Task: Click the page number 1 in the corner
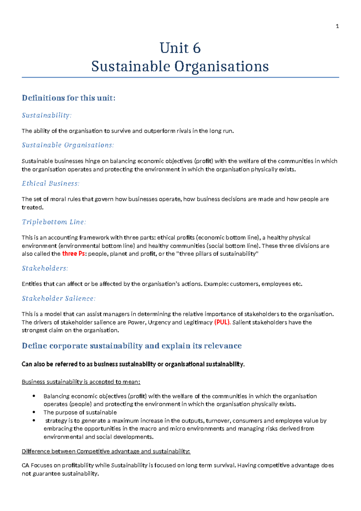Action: click(337, 27)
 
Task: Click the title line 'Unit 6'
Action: click(180, 48)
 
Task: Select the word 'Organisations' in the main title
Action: click(222, 67)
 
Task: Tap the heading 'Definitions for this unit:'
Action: click(69, 98)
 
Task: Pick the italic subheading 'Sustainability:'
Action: click(47, 115)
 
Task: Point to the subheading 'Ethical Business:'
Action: click(51, 183)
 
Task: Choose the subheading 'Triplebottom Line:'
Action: click(54, 222)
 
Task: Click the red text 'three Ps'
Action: click(73, 254)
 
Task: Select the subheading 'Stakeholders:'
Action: click(45, 268)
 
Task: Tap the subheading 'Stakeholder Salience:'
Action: click(59, 299)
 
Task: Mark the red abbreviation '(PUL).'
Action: click(222, 322)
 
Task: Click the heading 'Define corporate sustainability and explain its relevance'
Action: click(132, 346)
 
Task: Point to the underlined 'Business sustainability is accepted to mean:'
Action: click(81, 382)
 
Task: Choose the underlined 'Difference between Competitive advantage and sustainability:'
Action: click(106, 451)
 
